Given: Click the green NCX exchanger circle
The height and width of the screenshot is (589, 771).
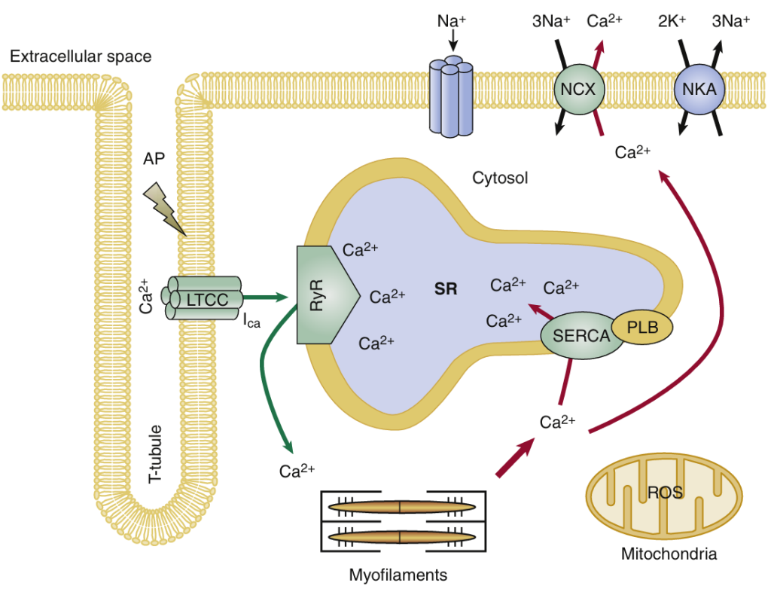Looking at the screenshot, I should click(x=579, y=90).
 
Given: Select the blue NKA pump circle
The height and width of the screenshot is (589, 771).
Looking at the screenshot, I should click(x=699, y=90).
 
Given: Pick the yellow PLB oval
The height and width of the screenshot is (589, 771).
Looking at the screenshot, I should click(x=640, y=327).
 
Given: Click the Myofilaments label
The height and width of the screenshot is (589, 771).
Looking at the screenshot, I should click(x=398, y=575).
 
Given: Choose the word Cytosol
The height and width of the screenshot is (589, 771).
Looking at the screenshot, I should click(x=500, y=179).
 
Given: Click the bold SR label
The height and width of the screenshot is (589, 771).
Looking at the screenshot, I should click(x=446, y=288).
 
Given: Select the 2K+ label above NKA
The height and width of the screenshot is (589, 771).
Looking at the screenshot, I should click(x=672, y=21).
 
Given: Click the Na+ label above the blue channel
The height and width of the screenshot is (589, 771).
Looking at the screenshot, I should click(x=452, y=21).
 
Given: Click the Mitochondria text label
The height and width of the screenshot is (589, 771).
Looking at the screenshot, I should click(x=669, y=554).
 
